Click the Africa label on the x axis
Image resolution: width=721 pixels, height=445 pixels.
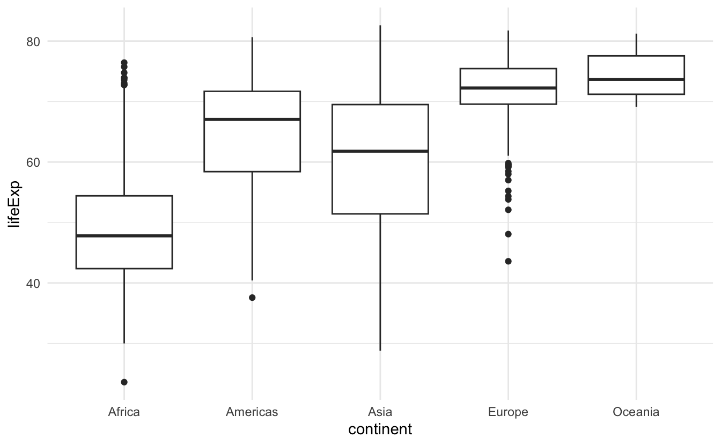[x=124, y=412]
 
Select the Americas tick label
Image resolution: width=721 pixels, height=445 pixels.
[x=252, y=412]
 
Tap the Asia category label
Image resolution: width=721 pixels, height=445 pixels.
[x=380, y=412]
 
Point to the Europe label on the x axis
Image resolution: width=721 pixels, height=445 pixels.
[x=508, y=412]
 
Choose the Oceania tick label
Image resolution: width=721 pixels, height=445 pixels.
[x=636, y=412]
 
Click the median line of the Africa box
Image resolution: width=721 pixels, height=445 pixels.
[x=124, y=236]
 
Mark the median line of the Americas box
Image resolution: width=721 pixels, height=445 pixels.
[x=252, y=119]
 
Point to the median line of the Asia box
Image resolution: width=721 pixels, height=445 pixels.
[x=380, y=151]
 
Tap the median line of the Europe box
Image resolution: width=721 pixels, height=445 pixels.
[x=508, y=88]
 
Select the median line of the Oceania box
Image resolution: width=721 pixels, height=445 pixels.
[x=636, y=79]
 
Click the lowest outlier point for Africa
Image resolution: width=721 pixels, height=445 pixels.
[x=124, y=382]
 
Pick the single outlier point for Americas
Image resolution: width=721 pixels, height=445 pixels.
[x=252, y=298]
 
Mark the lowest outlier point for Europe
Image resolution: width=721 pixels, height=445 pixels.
[x=508, y=262]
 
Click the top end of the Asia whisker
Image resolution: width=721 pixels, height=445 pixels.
[x=380, y=25]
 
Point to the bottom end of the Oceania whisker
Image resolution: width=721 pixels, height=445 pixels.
[x=636, y=107]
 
